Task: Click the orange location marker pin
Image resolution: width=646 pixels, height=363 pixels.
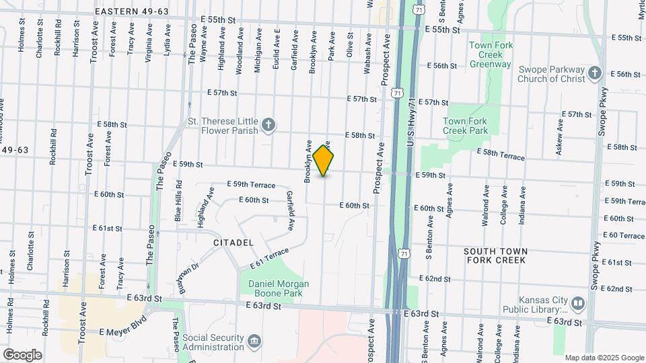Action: coord(324,161)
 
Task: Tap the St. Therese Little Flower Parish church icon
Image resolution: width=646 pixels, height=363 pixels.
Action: coord(268,124)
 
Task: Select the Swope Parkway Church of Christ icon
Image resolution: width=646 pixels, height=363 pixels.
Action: coord(594,73)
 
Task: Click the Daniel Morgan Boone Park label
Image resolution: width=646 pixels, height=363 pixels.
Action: coord(279,288)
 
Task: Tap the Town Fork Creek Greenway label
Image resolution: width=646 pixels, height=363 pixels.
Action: coord(491,54)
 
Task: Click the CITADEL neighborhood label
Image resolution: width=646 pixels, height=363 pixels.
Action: coord(233,242)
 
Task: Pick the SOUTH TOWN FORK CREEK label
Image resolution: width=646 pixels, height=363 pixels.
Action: coord(496,255)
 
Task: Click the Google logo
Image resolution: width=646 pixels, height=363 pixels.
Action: coord(22,354)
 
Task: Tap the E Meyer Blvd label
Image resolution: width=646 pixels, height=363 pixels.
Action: coord(122,331)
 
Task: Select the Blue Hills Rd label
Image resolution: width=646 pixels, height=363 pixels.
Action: coord(179,200)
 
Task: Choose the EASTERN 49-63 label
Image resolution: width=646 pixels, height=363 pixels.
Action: coord(132,11)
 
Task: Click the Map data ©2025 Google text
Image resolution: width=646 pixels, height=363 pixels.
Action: coord(604,358)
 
